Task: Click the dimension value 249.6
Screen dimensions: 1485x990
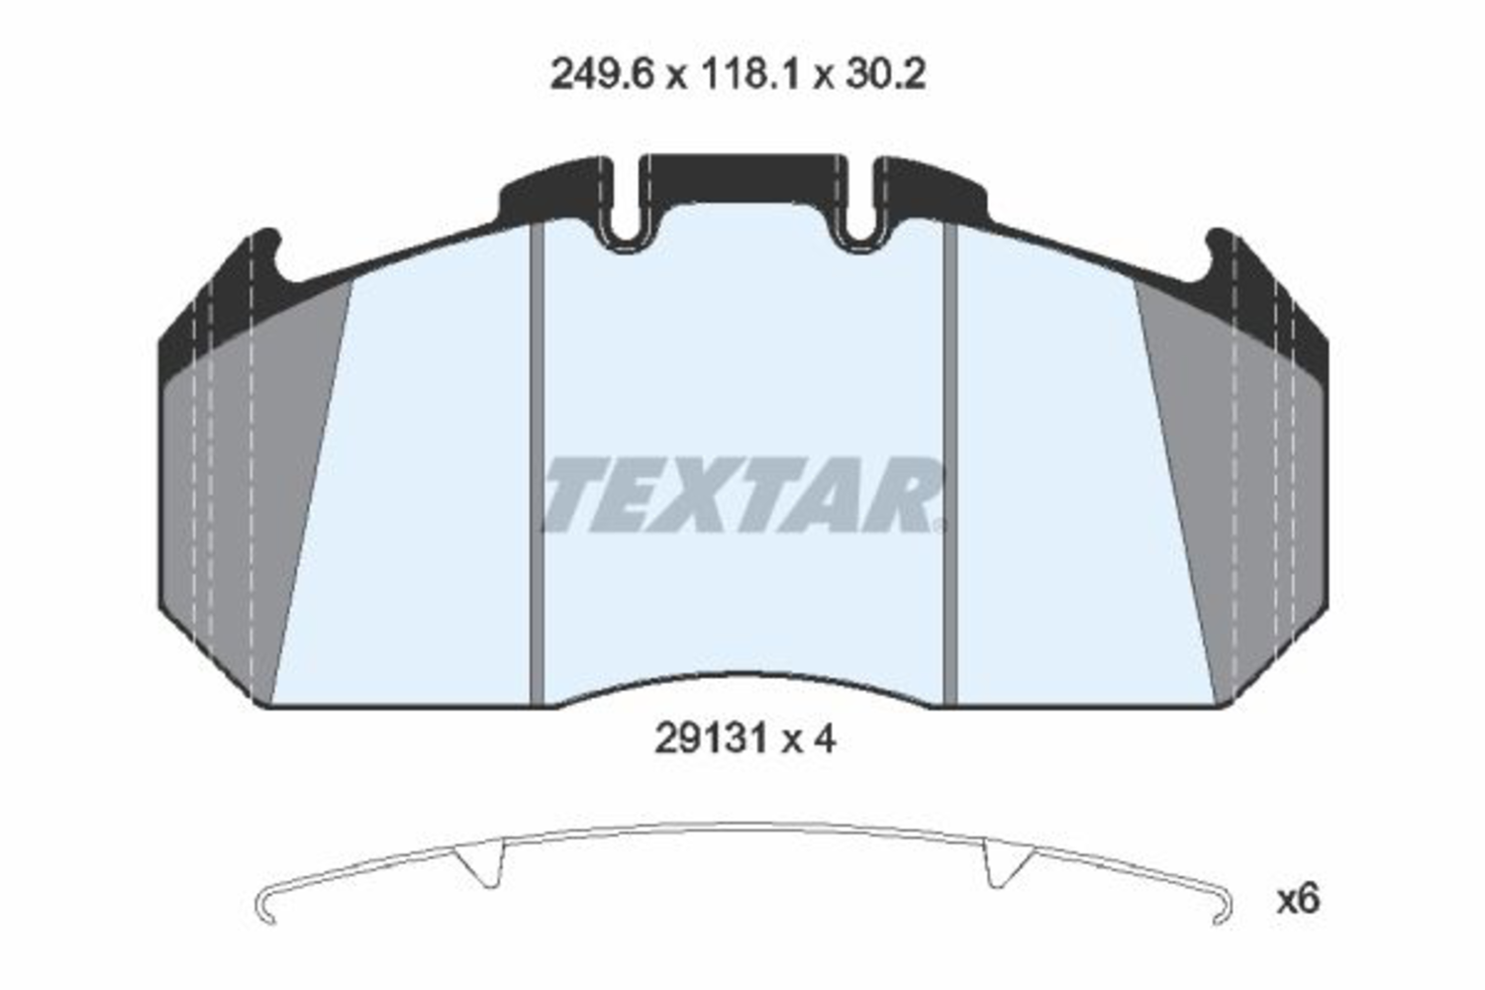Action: click(x=601, y=74)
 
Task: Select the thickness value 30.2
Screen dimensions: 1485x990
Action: click(x=884, y=74)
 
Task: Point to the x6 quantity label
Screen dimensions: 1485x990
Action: click(x=1299, y=900)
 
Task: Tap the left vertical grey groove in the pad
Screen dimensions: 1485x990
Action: click(x=537, y=463)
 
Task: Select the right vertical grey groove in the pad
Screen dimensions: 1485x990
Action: click(x=949, y=463)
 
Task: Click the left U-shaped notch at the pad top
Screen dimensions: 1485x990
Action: click(x=623, y=239)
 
